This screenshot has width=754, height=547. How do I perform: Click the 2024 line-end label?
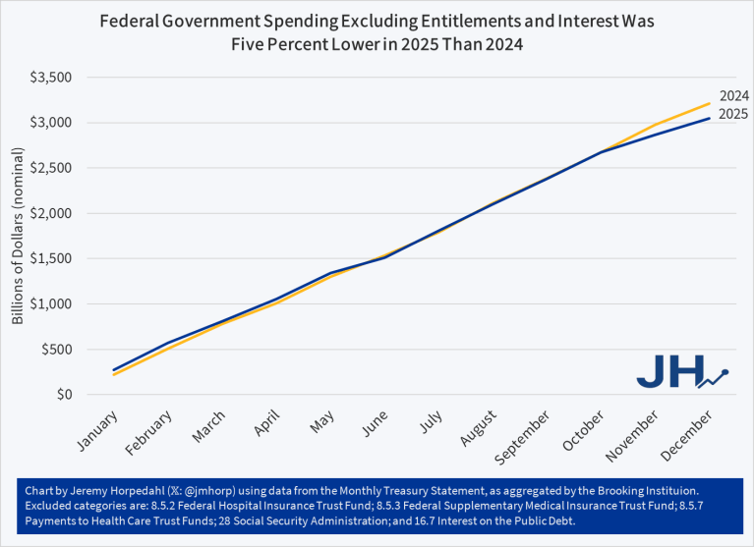[x=733, y=96]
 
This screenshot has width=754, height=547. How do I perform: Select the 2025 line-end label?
[x=733, y=115]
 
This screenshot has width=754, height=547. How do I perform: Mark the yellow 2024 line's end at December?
[x=709, y=103]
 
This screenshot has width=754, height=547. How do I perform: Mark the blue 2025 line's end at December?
[x=709, y=119]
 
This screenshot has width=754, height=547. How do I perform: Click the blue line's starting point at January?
[x=114, y=370]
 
